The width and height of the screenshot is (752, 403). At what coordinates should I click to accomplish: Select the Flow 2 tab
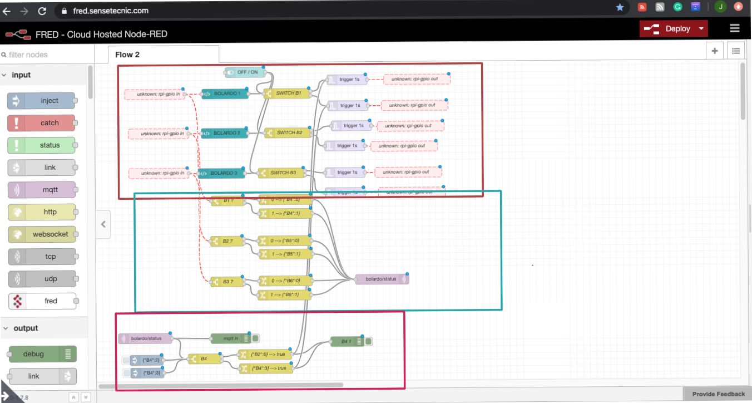click(x=127, y=55)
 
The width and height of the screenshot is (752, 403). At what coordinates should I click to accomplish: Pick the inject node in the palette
click(x=41, y=101)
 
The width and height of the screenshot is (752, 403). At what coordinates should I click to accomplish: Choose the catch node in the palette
click(x=41, y=123)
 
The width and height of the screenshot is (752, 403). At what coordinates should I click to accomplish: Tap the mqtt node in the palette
click(x=41, y=190)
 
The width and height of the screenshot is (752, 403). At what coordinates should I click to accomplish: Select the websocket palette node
click(x=41, y=234)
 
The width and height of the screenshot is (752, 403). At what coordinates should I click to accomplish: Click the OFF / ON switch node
click(x=245, y=72)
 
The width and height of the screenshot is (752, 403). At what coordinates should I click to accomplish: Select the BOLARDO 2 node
click(x=224, y=133)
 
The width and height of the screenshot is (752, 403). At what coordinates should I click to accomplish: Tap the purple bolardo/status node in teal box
click(x=382, y=279)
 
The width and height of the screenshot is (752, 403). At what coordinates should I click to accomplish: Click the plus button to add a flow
click(x=715, y=51)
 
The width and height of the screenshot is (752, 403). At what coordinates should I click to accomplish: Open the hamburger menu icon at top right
click(x=735, y=28)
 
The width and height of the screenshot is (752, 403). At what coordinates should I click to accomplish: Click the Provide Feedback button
click(x=718, y=394)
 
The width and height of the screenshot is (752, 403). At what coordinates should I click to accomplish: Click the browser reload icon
click(x=42, y=11)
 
